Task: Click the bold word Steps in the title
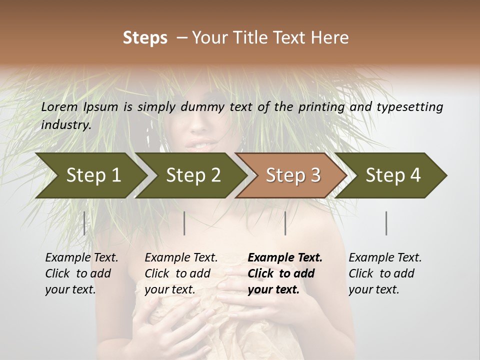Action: pyautogui.click(x=145, y=38)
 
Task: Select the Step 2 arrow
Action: pyautogui.click(x=193, y=175)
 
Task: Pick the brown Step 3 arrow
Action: pyautogui.click(x=292, y=175)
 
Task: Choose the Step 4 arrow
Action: pyautogui.click(x=393, y=175)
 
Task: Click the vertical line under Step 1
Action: pyautogui.click(x=84, y=223)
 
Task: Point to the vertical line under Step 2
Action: pyautogui.click(x=184, y=223)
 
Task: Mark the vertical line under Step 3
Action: pyautogui.click(x=285, y=223)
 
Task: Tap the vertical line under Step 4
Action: pyautogui.click(x=386, y=223)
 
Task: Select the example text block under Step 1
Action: pyautogui.click(x=81, y=273)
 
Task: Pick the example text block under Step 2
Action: pyautogui.click(x=181, y=273)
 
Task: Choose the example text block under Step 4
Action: pyautogui.click(x=385, y=273)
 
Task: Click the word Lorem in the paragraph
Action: pyautogui.click(x=59, y=106)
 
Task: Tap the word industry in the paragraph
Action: pyautogui.click(x=66, y=125)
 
